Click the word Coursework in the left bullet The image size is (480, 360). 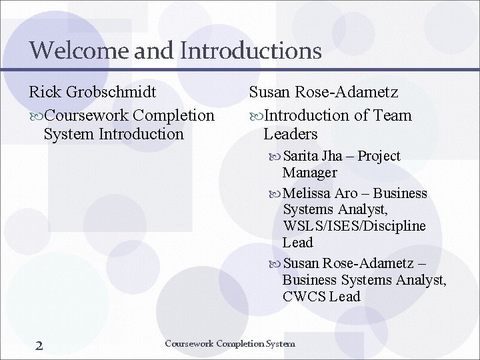point(91,115)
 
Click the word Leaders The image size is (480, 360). point(290,134)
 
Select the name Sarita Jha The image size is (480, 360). point(313,156)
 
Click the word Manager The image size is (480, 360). point(309,173)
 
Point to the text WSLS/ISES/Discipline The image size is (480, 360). point(354,226)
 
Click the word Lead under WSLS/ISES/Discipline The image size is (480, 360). point(297,243)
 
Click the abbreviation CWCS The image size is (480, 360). point(303,297)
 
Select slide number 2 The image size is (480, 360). point(39,345)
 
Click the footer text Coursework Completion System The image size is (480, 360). point(229,344)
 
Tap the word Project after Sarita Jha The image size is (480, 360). point(379,156)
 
